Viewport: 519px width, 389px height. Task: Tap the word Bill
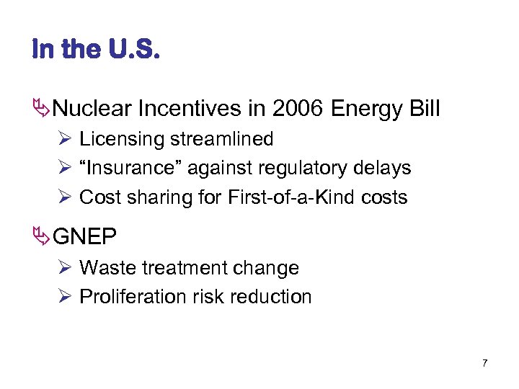coord(422,109)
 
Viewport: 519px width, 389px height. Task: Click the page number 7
coord(484,363)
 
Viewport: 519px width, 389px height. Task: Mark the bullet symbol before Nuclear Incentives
coord(42,109)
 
